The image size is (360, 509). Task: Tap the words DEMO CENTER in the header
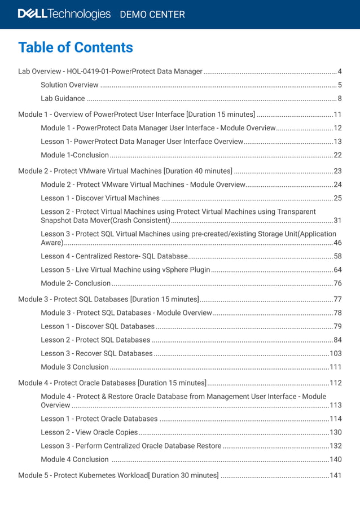click(x=152, y=15)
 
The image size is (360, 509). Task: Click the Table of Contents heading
click(x=76, y=47)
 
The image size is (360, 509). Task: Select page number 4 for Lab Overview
click(x=340, y=72)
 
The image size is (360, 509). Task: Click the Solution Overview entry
click(x=69, y=85)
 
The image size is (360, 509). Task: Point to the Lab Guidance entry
click(x=63, y=99)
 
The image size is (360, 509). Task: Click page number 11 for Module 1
click(x=337, y=115)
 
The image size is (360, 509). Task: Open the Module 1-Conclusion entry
click(x=74, y=155)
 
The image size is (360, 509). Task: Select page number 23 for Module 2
click(x=337, y=171)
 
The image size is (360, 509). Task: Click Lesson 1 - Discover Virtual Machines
click(x=100, y=198)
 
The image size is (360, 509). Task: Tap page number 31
click(x=337, y=221)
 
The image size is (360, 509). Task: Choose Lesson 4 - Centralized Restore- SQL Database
click(x=114, y=256)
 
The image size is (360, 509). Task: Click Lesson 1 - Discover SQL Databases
click(x=97, y=326)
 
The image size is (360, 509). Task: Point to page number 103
click(x=336, y=353)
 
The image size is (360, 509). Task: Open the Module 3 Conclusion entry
click(x=74, y=367)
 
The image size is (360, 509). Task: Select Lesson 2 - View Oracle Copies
click(x=89, y=432)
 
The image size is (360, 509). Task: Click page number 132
click(x=336, y=446)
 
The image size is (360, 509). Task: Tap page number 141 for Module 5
click(x=336, y=475)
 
